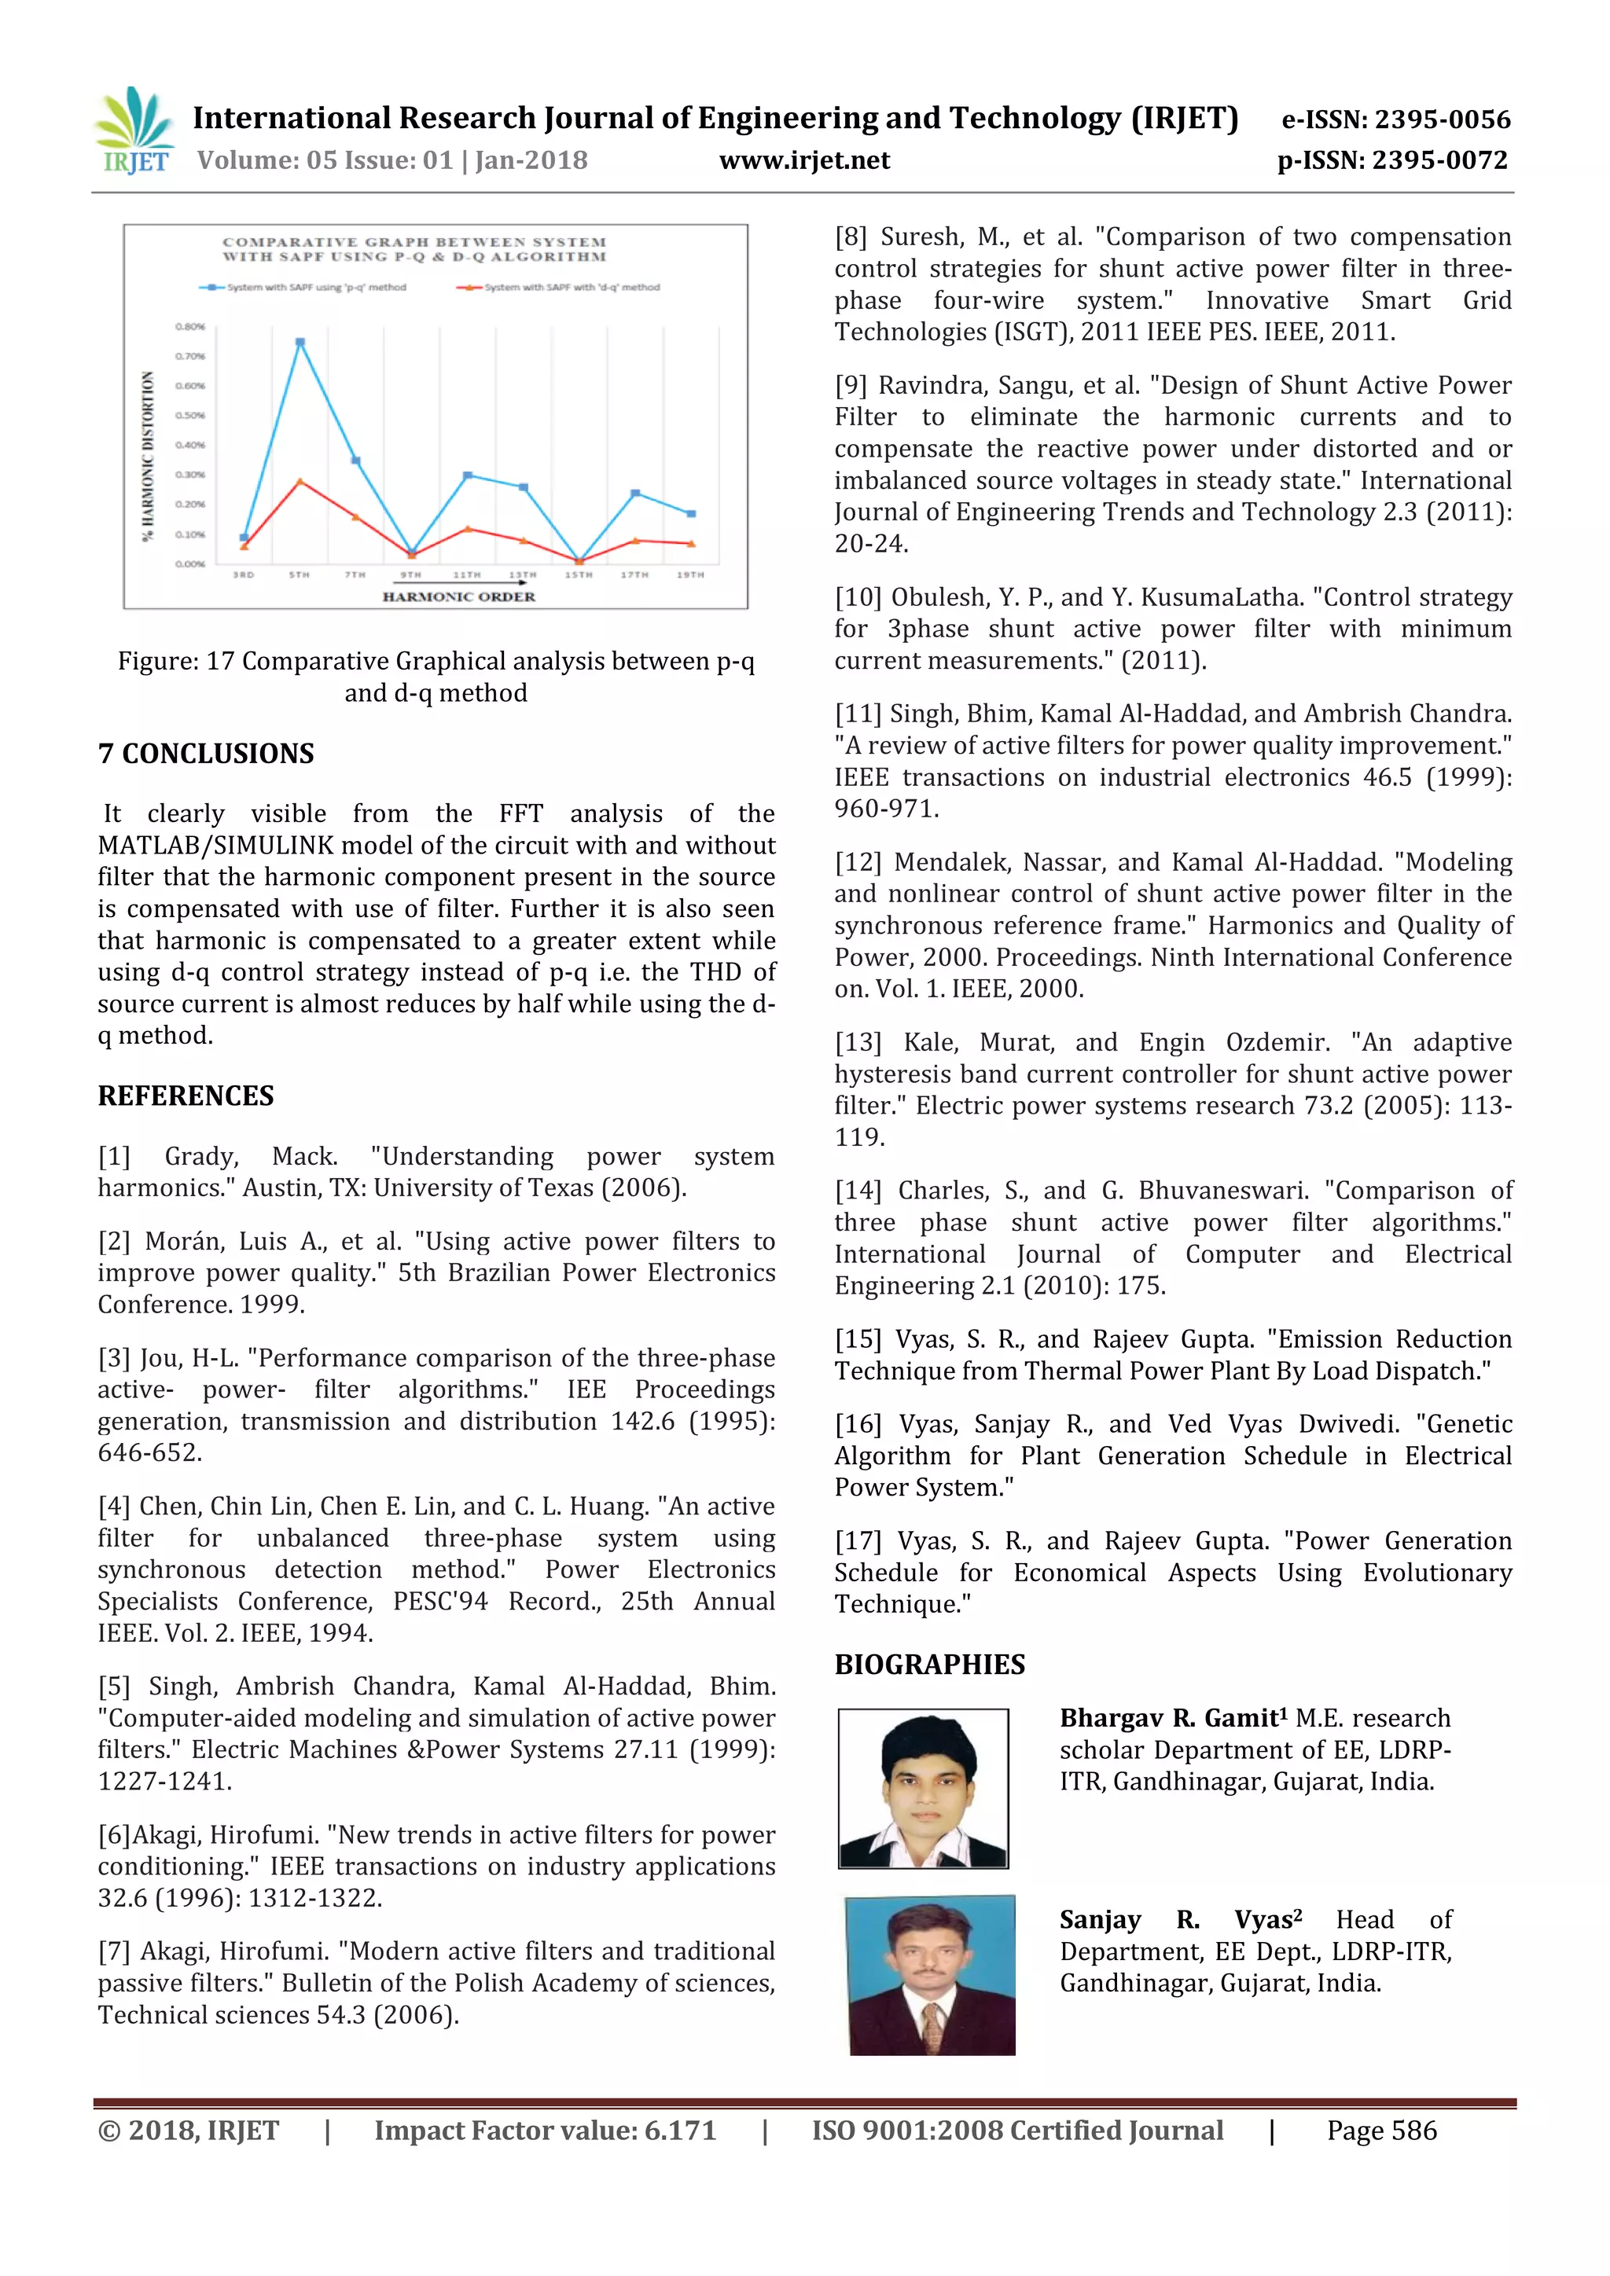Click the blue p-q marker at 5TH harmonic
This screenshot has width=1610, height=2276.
[300, 342]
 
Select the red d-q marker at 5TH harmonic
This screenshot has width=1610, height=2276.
[300, 482]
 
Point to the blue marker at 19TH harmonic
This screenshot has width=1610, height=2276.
[691, 513]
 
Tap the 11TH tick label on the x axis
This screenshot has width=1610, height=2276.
[466, 575]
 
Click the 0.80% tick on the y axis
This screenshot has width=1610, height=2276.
[190, 326]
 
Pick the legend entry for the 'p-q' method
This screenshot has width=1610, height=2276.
[303, 288]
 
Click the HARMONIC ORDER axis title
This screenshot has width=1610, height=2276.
[459, 597]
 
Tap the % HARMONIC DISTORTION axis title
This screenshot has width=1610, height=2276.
[149, 456]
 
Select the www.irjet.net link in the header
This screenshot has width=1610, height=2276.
[804, 160]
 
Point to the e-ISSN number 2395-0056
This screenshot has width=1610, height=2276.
[1396, 120]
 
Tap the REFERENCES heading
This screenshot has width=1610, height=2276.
[186, 1096]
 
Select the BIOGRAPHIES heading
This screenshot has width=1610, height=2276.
[929, 1665]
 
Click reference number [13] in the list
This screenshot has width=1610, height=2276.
[858, 1043]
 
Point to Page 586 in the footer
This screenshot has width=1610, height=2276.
[1381, 2131]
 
